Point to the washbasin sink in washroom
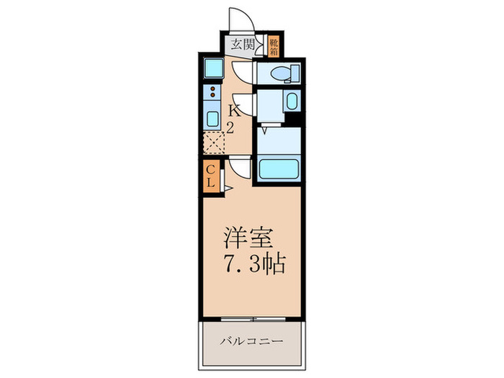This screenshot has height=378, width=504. (x=292, y=101)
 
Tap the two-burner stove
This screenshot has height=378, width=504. (x=213, y=92)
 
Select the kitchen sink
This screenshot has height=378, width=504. (x=213, y=118)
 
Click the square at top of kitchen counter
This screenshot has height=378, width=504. (x=213, y=68)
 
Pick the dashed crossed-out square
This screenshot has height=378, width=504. (x=214, y=143)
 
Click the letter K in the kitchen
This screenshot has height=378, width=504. (x=234, y=111)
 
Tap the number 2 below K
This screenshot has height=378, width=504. (x=231, y=127)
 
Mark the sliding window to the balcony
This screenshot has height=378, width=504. (x=252, y=318)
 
